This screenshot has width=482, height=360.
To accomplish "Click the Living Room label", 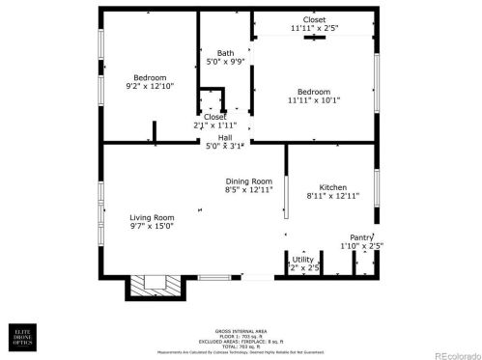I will pyautogui.click(x=152, y=217).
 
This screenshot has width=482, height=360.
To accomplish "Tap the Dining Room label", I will pyautogui.click(x=248, y=181).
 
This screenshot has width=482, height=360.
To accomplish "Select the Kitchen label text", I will pyautogui.click(x=332, y=186).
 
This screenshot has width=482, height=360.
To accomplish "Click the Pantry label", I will pyautogui.click(x=361, y=236).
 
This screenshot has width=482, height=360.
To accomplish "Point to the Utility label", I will pyautogui.click(x=302, y=259).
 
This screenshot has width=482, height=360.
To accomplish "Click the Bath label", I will pyautogui.click(x=225, y=53).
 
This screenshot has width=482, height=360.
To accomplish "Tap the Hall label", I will pyautogui.click(x=224, y=137).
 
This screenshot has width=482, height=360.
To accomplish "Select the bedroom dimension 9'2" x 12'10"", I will pyautogui.click(x=150, y=87).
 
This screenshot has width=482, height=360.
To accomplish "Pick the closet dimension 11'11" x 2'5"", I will pyautogui.click(x=314, y=28).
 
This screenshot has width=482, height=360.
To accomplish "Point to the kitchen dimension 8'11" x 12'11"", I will pyautogui.click(x=332, y=196).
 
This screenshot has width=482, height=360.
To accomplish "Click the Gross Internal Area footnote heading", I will pyautogui.click(x=241, y=329).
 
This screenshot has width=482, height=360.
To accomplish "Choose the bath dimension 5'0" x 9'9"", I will pyautogui.click(x=225, y=62).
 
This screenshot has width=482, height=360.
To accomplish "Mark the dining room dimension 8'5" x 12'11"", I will pyautogui.click(x=248, y=190).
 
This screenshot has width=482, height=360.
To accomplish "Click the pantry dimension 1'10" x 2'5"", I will pyautogui.click(x=361, y=246).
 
